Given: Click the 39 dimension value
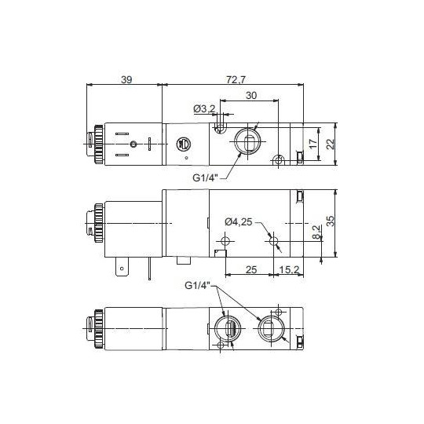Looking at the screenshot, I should click(126, 79).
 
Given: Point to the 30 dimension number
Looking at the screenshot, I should click(250, 95).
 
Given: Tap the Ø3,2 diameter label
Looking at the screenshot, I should click(204, 108).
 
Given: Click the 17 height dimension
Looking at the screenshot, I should click(313, 144).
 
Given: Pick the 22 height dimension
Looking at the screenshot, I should click(331, 144).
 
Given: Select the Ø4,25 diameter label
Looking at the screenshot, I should click(239, 221).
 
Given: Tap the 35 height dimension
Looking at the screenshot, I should click(331, 223).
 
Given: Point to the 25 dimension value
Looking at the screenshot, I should click(251, 269).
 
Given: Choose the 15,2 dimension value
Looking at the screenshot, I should click(289, 269).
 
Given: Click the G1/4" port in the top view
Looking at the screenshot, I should click(245, 142).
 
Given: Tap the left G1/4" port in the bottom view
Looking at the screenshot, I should click(228, 328).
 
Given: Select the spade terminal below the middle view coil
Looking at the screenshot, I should click(122, 271).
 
